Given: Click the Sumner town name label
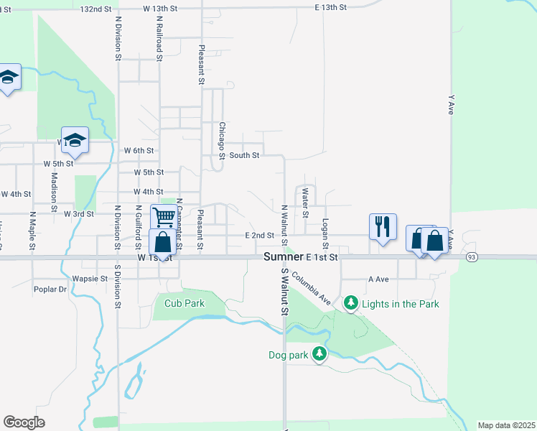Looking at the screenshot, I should coord(283,256).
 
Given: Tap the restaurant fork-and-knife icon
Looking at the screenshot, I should coord(382,227).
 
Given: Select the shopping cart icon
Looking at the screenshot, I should coord(164,216).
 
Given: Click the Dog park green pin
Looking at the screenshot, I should coord(319,353).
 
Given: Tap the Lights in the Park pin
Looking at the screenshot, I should coord(350,303).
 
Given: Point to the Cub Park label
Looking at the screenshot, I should coord(185,303).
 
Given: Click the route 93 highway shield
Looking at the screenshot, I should coord(472,257).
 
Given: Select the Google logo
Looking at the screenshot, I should coord(24,422).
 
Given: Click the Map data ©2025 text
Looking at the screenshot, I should coord(506,425).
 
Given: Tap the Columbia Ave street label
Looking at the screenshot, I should coord(311,287).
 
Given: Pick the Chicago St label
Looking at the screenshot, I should coord(223,141).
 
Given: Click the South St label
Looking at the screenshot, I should coord(244,154).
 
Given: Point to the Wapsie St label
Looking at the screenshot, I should coord(90,278).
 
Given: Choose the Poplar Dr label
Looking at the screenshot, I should coord(50,289).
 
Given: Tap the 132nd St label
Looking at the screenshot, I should coord(97,9).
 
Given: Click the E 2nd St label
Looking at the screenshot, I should coord(259,235).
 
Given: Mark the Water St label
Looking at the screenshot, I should coord(305,203).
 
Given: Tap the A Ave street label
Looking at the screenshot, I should coord(378,279).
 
